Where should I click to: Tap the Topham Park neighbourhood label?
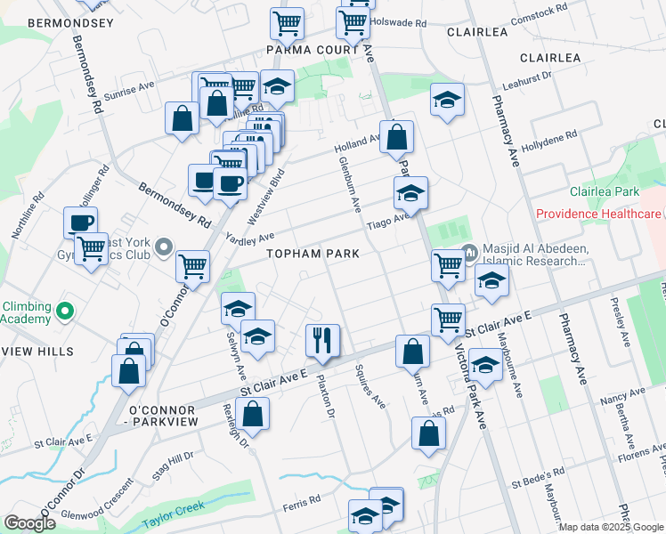pyautogui.click(x=314, y=254)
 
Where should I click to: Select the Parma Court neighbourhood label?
pyautogui.click(x=318, y=50)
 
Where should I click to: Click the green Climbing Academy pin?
pyautogui.click(x=63, y=311)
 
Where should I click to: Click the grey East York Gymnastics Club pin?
pyautogui.click(x=162, y=246)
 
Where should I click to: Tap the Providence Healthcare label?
pyautogui.click(x=598, y=214)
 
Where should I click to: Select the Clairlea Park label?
pyautogui.click(x=605, y=191)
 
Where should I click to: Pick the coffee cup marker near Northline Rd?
pyautogui.click(x=80, y=222)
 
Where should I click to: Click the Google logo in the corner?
pyautogui.click(x=29, y=523)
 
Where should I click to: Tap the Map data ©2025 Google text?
pyautogui.click(x=611, y=527)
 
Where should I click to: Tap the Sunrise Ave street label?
pyautogui.click(x=129, y=91)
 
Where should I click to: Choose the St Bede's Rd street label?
pyautogui.click(x=538, y=477)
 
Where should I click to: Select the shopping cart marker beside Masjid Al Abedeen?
pyautogui.click(x=448, y=264)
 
